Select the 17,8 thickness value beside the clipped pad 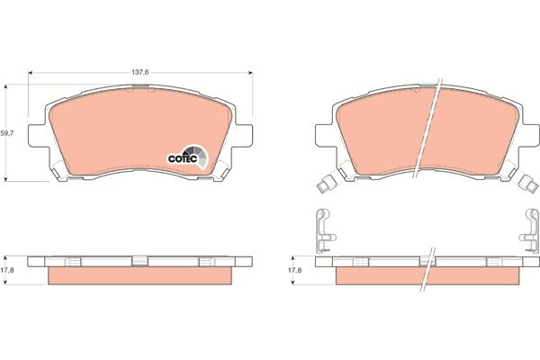tap(295, 268)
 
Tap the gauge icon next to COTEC tap(200, 157)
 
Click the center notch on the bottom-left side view tap(140, 261)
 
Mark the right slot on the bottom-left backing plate tap(207, 261)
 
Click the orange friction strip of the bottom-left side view tap(140, 277)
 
